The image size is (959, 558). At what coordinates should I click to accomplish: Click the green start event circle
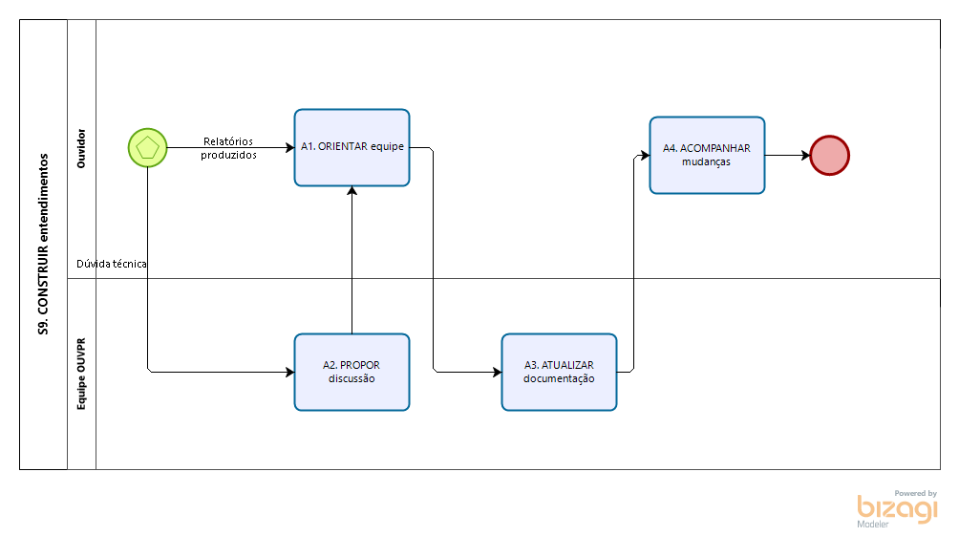pyautogui.click(x=148, y=148)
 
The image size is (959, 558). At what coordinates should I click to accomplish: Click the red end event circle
pyautogui.click(x=829, y=155)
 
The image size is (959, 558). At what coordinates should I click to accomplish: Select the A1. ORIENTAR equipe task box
pyautogui.click(x=352, y=147)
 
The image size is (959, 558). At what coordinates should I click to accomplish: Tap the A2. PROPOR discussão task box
pyautogui.click(x=352, y=372)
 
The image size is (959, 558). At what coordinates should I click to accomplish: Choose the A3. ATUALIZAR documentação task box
pyautogui.click(x=559, y=372)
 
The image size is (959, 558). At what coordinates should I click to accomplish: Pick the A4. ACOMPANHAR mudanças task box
pyautogui.click(x=707, y=156)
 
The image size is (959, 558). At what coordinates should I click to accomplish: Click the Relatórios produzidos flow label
pyautogui.click(x=228, y=148)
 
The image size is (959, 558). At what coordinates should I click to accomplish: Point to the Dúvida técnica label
pyautogui.click(x=112, y=264)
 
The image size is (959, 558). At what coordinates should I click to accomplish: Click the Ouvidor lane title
pyautogui.click(x=81, y=148)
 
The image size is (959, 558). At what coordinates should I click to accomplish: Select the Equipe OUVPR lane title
pyautogui.click(x=81, y=374)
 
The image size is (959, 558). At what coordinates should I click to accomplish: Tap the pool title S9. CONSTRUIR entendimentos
pyautogui.click(x=44, y=244)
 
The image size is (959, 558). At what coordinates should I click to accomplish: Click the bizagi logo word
pyautogui.click(x=897, y=508)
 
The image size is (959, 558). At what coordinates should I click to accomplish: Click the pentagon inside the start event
pyautogui.click(x=148, y=148)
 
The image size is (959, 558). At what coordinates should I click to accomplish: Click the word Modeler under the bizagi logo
pyautogui.click(x=873, y=525)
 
